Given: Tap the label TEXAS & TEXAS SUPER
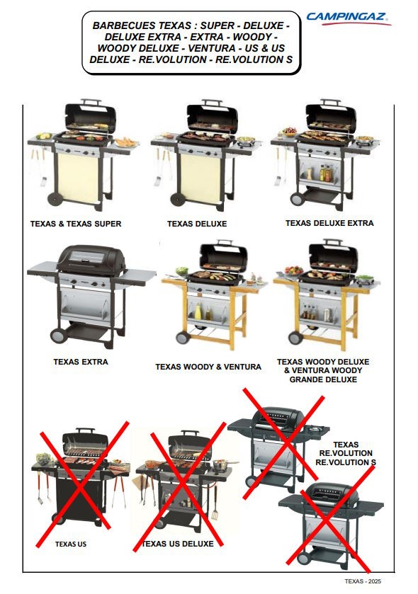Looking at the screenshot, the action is coord(76,224).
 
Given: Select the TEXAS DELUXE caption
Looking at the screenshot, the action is coord(197,224).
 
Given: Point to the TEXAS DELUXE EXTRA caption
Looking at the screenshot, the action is coord(329,223).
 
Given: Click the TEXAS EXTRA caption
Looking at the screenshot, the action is coord(81,362).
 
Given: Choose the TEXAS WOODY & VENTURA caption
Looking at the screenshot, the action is coord(208,367).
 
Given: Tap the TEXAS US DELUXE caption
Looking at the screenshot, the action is coord(178,544).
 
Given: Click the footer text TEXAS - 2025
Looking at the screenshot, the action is coord(363,581).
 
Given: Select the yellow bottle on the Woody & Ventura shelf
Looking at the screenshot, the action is coord(198,312).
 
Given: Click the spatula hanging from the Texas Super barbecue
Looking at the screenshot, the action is coord(43,181).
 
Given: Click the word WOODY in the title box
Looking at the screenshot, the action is coord(252,37).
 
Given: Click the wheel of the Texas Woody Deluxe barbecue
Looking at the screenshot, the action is coord(295,337).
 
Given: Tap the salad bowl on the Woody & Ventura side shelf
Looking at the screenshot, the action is coord(182,270).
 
